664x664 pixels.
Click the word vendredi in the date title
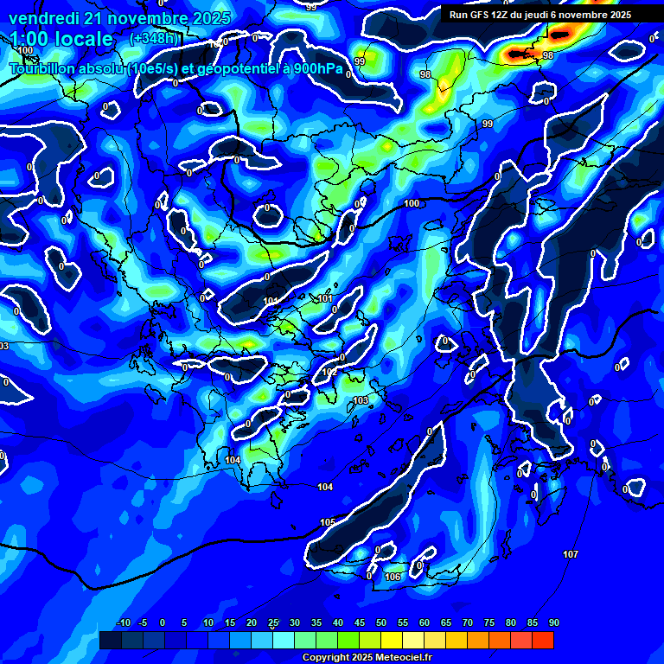[x=43, y=18]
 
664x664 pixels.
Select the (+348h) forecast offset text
[x=154, y=39]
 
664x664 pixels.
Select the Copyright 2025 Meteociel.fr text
[x=367, y=657]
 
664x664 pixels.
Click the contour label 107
[x=570, y=553]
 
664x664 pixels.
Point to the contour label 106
[x=393, y=577]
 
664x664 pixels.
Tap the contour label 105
[x=328, y=523]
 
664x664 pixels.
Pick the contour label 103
[x=361, y=400]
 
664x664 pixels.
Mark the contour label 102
[x=329, y=372]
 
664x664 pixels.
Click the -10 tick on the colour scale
[x=123, y=622]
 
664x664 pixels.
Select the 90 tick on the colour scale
[x=553, y=622]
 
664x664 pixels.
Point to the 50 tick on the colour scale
[x=380, y=622]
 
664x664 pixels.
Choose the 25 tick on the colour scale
[x=273, y=622]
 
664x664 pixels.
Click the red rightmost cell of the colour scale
[x=542, y=640]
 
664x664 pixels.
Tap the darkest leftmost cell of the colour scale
[x=110, y=640]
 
